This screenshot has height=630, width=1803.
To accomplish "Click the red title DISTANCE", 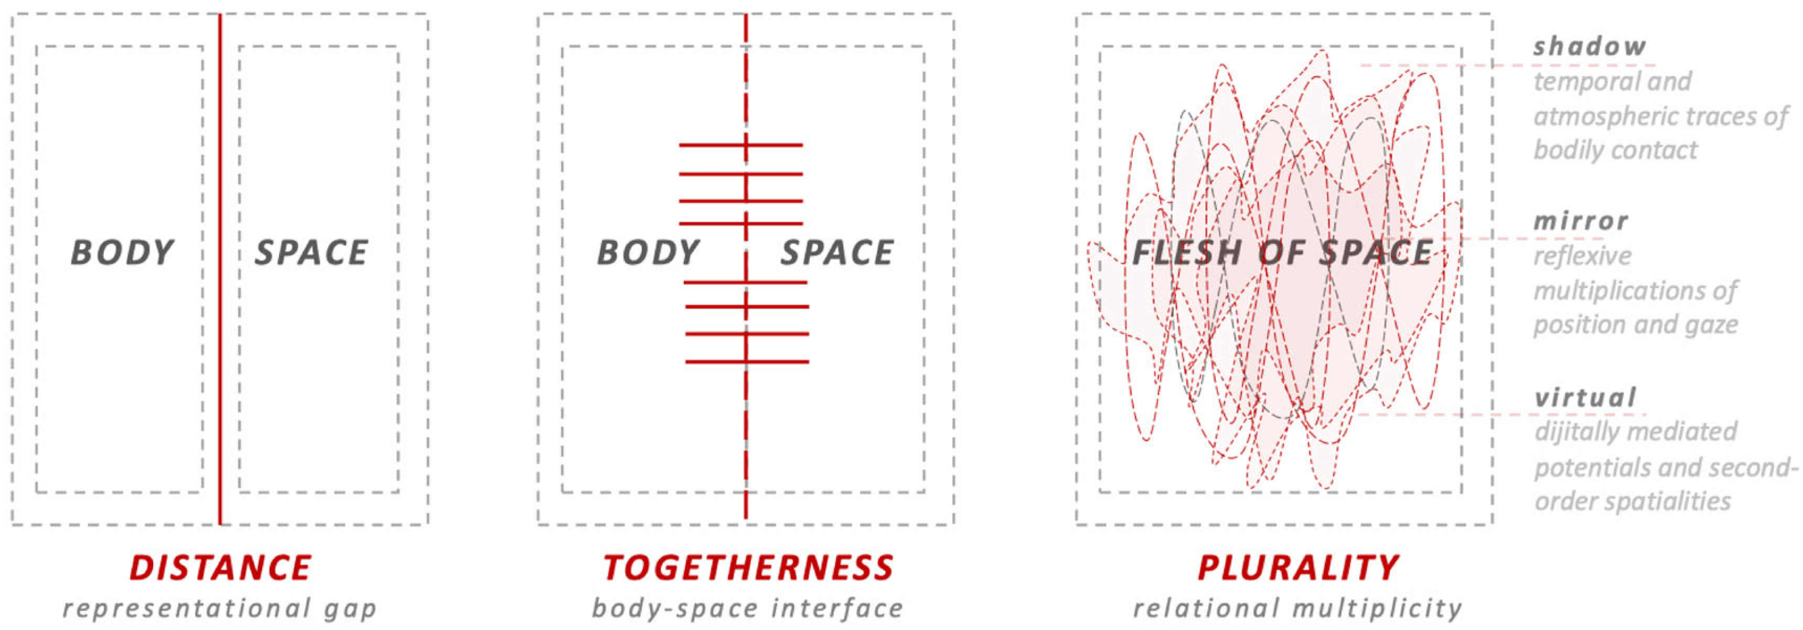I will click(x=220, y=567).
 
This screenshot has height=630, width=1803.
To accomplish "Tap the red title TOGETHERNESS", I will click(x=748, y=567).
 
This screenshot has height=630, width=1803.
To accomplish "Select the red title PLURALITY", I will click(x=1298, y=567).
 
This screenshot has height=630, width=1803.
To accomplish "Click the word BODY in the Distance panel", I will click(x=123, y=252).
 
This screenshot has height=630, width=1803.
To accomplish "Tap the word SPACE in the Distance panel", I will click(x=312, y=252).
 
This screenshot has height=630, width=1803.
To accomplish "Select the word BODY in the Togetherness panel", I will click(x=648, y=252).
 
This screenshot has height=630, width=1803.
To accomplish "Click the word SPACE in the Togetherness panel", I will click(x=837, y=252).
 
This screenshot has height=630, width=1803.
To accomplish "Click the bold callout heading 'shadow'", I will click(x=1590, y=46).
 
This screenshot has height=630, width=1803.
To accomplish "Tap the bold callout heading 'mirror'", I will click(x=1581, y=221).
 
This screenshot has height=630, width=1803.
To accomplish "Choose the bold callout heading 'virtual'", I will click(x=1586, y=398).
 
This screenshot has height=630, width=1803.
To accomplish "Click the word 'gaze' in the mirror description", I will click(x=1711, y=325).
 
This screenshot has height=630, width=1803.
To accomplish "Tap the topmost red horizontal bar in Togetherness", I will click(x=740, y=145).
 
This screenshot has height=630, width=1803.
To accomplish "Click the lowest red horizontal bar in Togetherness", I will click(x=747, y=362).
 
